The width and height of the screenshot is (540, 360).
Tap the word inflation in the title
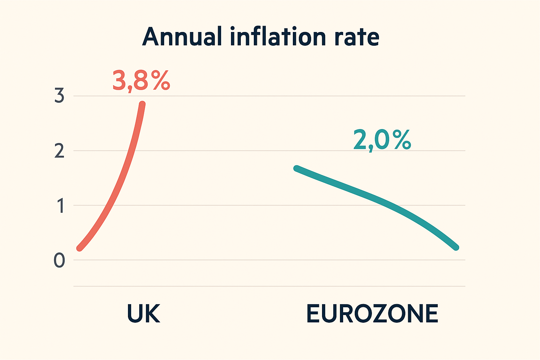click(277, 37)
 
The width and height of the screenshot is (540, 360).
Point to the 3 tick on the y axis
click(59, 96)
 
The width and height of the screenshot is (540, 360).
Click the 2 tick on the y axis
click(59, 151)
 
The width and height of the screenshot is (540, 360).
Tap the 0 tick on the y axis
click(59, 261)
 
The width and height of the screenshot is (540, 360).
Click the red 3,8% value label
click(141, 81)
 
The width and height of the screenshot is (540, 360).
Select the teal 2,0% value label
click(382, 140)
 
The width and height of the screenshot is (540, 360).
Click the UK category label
click(143, 314)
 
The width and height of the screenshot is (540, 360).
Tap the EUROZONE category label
click(372, 314)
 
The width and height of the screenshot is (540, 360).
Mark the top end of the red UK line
click(142, 104)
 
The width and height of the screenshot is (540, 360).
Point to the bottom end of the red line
click(79, 248)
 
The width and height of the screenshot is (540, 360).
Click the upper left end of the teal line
click(297, 168)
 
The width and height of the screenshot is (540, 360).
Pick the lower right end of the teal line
click(456, 247)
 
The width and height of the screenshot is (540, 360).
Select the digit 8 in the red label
click(141, 81)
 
